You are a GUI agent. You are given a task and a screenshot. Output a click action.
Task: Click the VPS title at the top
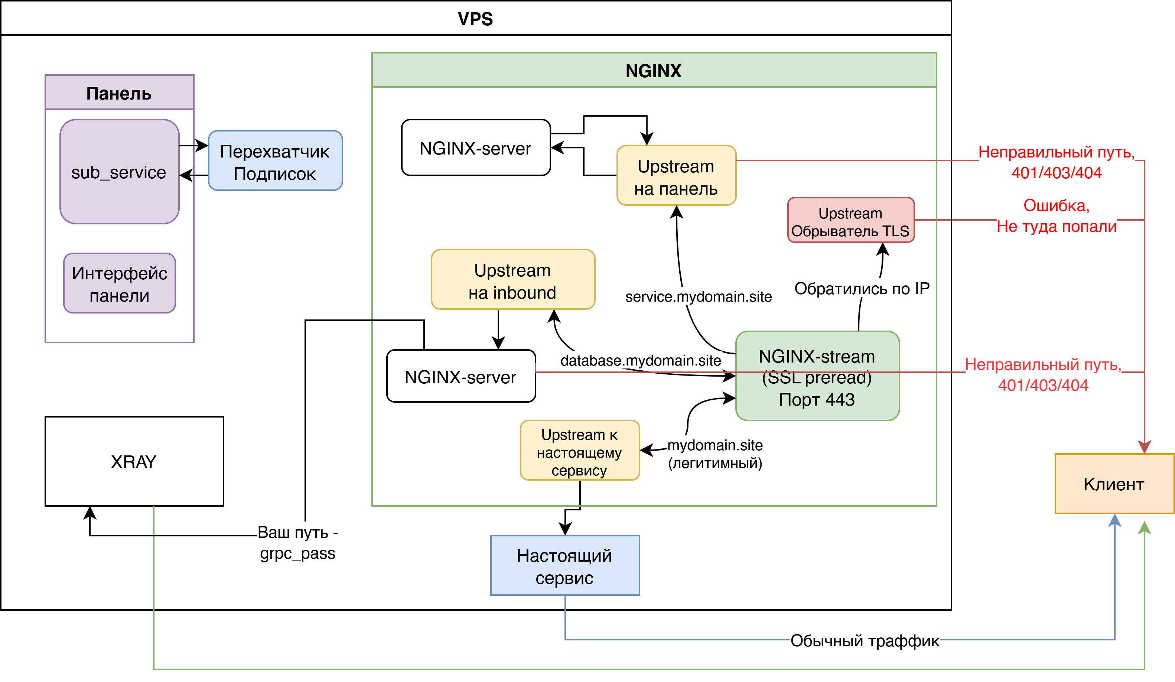475,19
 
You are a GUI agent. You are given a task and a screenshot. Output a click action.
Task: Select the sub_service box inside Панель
119,172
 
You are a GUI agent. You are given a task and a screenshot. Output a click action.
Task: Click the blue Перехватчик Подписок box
275,161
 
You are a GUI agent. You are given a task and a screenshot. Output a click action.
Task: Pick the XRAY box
134,461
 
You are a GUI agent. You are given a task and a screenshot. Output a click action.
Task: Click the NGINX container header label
653,71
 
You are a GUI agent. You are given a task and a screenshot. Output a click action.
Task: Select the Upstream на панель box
676,176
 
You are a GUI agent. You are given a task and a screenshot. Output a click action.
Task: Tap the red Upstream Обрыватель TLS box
850,220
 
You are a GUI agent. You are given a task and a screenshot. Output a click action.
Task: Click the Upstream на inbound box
512,279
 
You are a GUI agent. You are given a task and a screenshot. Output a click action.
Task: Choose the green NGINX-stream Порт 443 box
817,376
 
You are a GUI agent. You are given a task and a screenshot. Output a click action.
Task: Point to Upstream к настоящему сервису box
580,451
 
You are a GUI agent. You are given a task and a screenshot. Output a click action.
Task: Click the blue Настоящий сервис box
564,565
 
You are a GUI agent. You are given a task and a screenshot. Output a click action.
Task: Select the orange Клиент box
1114,484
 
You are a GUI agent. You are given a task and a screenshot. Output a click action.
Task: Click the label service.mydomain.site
699,297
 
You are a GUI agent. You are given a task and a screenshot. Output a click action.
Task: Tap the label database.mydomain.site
641,360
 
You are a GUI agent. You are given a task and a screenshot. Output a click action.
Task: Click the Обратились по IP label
862,288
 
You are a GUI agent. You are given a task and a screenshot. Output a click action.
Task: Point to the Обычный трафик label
865,640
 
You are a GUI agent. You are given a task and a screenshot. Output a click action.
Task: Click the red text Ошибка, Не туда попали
1057,215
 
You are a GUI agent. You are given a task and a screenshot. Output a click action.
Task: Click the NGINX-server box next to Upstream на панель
476,148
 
